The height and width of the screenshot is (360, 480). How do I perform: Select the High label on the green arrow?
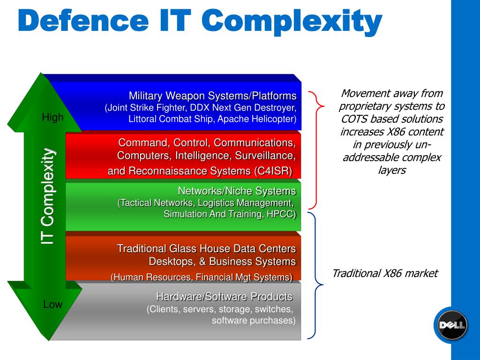click(52, 118)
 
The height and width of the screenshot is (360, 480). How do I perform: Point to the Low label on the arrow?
click(52, 305)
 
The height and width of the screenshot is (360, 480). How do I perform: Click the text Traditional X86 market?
click(385, 273)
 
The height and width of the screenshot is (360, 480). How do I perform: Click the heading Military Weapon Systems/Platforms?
click(213, 96)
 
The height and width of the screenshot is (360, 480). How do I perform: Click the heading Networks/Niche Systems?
click(237, 191)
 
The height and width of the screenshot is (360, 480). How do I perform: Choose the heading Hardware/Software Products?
click(224, 297)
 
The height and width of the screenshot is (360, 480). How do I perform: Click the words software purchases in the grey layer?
click(254, 321)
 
